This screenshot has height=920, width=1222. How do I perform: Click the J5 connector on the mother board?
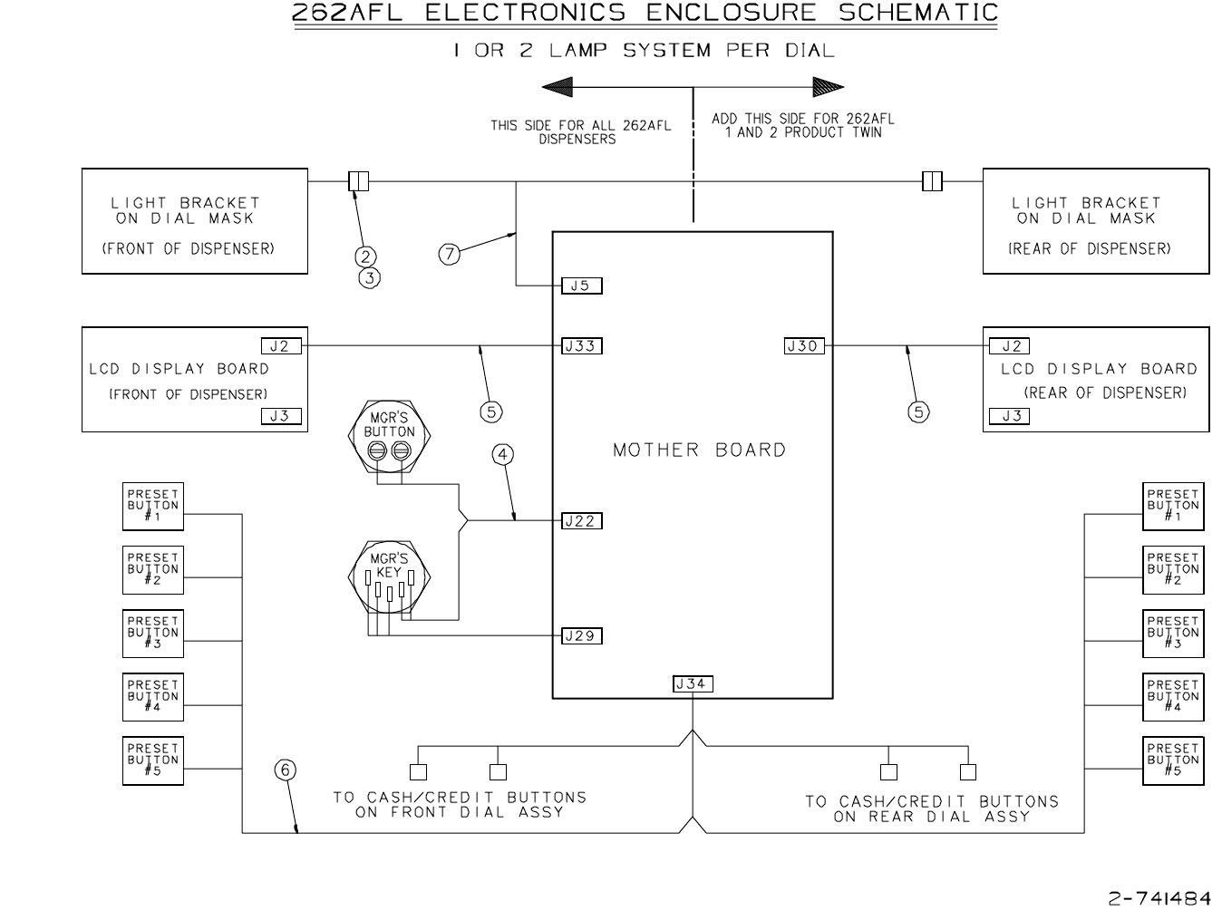point(581,286)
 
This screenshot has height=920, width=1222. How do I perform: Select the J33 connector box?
point(581,345)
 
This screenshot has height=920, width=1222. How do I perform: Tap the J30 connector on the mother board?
point(804,345)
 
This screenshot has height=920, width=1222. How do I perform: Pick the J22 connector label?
point(581,521)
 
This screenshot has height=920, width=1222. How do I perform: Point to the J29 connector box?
point(581,635)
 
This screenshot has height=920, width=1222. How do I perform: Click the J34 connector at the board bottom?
point(693,683)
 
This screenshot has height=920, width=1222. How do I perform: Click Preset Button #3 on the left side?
point(153,634)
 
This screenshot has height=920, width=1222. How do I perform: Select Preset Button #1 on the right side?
point(1173,507)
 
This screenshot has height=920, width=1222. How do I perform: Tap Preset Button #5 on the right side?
point(1173,760)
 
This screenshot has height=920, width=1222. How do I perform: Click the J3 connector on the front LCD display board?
point(281,416)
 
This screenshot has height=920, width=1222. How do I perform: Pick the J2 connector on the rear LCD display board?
point(1009,345)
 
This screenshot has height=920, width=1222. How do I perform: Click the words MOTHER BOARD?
point(699,450)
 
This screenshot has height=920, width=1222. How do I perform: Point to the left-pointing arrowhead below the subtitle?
point(558,87)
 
